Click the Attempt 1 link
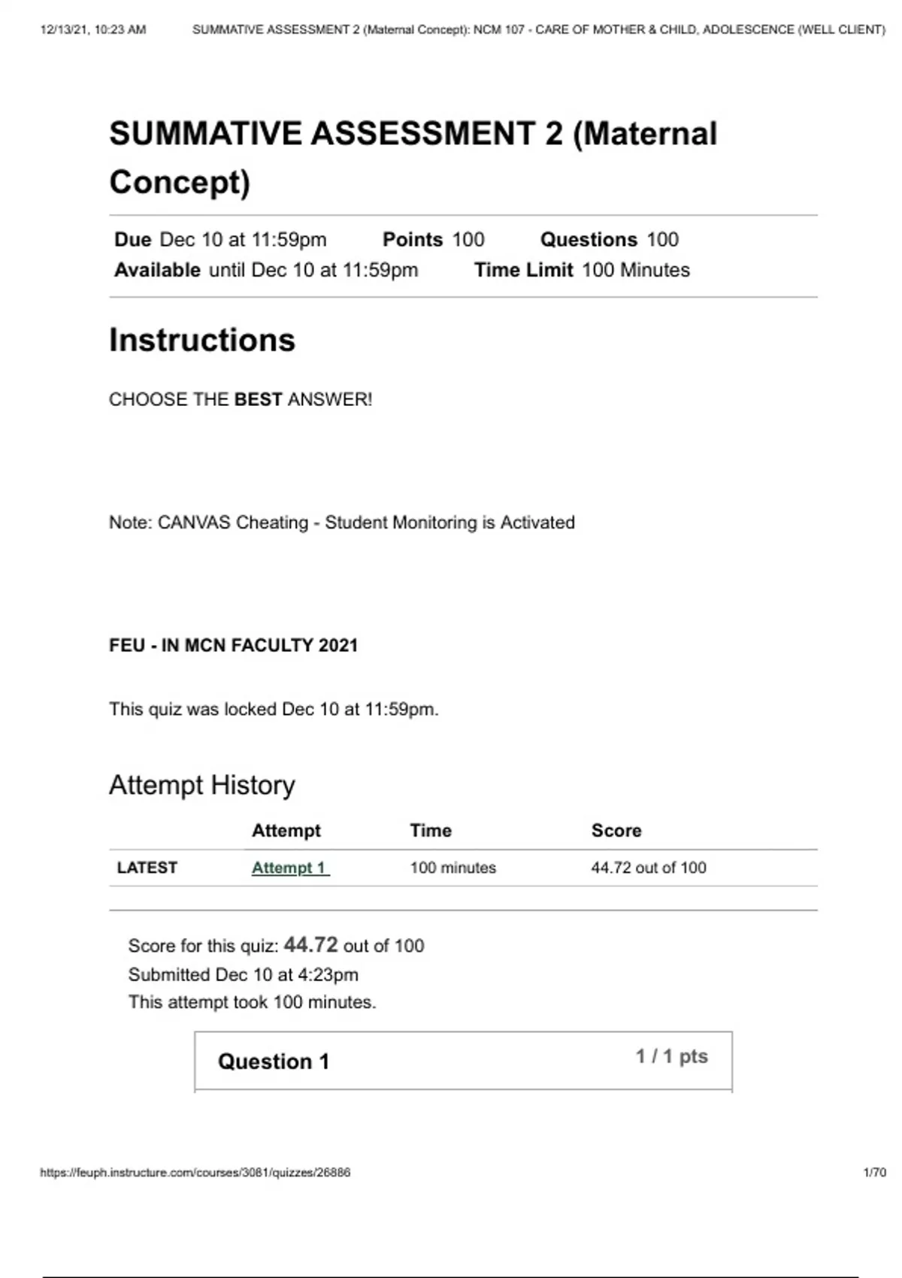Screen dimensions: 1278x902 290,868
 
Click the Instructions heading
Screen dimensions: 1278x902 202,340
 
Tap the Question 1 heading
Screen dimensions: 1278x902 274,1061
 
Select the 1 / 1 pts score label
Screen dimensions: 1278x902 671,1056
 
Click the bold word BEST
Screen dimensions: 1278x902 258,399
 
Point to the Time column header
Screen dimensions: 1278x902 431,830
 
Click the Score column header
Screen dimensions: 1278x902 616,830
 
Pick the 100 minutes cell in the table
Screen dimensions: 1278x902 453,868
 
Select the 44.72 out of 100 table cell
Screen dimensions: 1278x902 649,868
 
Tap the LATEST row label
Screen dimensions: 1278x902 147,868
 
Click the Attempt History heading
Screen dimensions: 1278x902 202,785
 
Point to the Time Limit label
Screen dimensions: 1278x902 523,270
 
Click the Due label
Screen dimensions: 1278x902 133,240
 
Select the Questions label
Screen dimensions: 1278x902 589,240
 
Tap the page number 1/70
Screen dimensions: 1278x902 875,1172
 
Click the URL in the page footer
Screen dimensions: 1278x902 195,1172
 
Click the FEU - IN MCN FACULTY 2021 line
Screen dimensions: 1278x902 234,645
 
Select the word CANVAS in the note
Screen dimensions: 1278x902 194,522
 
